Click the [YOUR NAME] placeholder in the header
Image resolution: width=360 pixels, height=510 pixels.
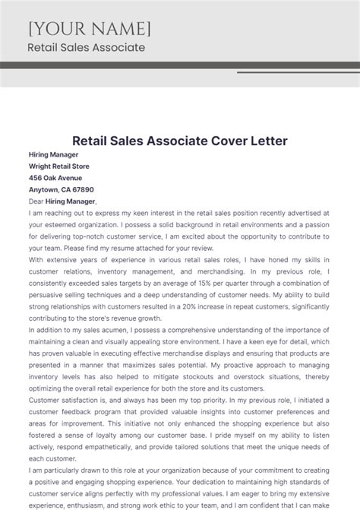(x=90, y=29)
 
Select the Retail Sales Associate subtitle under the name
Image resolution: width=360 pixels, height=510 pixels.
(x=86, y=48)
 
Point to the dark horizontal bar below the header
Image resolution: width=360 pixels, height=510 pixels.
(x=180, y=65)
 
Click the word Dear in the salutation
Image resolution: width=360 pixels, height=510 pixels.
(x=36, y=201)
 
